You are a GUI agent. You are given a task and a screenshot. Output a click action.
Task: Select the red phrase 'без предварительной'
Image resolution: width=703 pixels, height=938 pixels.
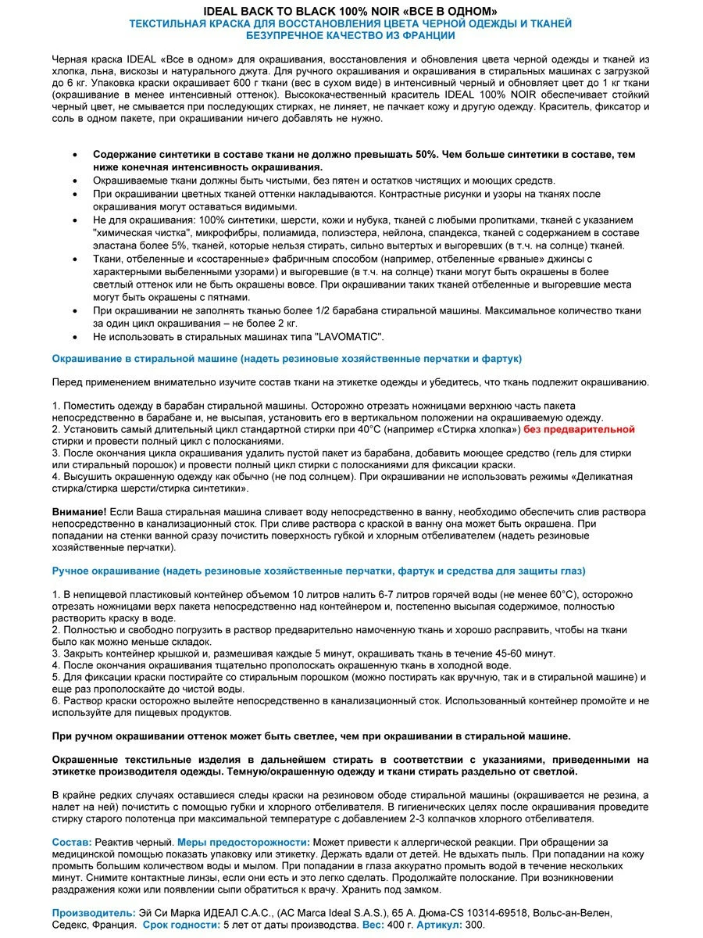pos(579,429)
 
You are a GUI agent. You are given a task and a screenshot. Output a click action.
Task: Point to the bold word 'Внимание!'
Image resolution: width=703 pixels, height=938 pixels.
pos(79,511)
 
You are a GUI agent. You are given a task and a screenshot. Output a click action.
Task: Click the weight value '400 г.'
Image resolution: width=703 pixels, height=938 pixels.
pos(398,924)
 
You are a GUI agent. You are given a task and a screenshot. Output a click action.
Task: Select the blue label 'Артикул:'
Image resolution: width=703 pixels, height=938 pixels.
pos(439,924)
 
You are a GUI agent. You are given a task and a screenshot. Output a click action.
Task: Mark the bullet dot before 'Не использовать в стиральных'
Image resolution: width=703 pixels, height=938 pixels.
pos(74,337)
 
